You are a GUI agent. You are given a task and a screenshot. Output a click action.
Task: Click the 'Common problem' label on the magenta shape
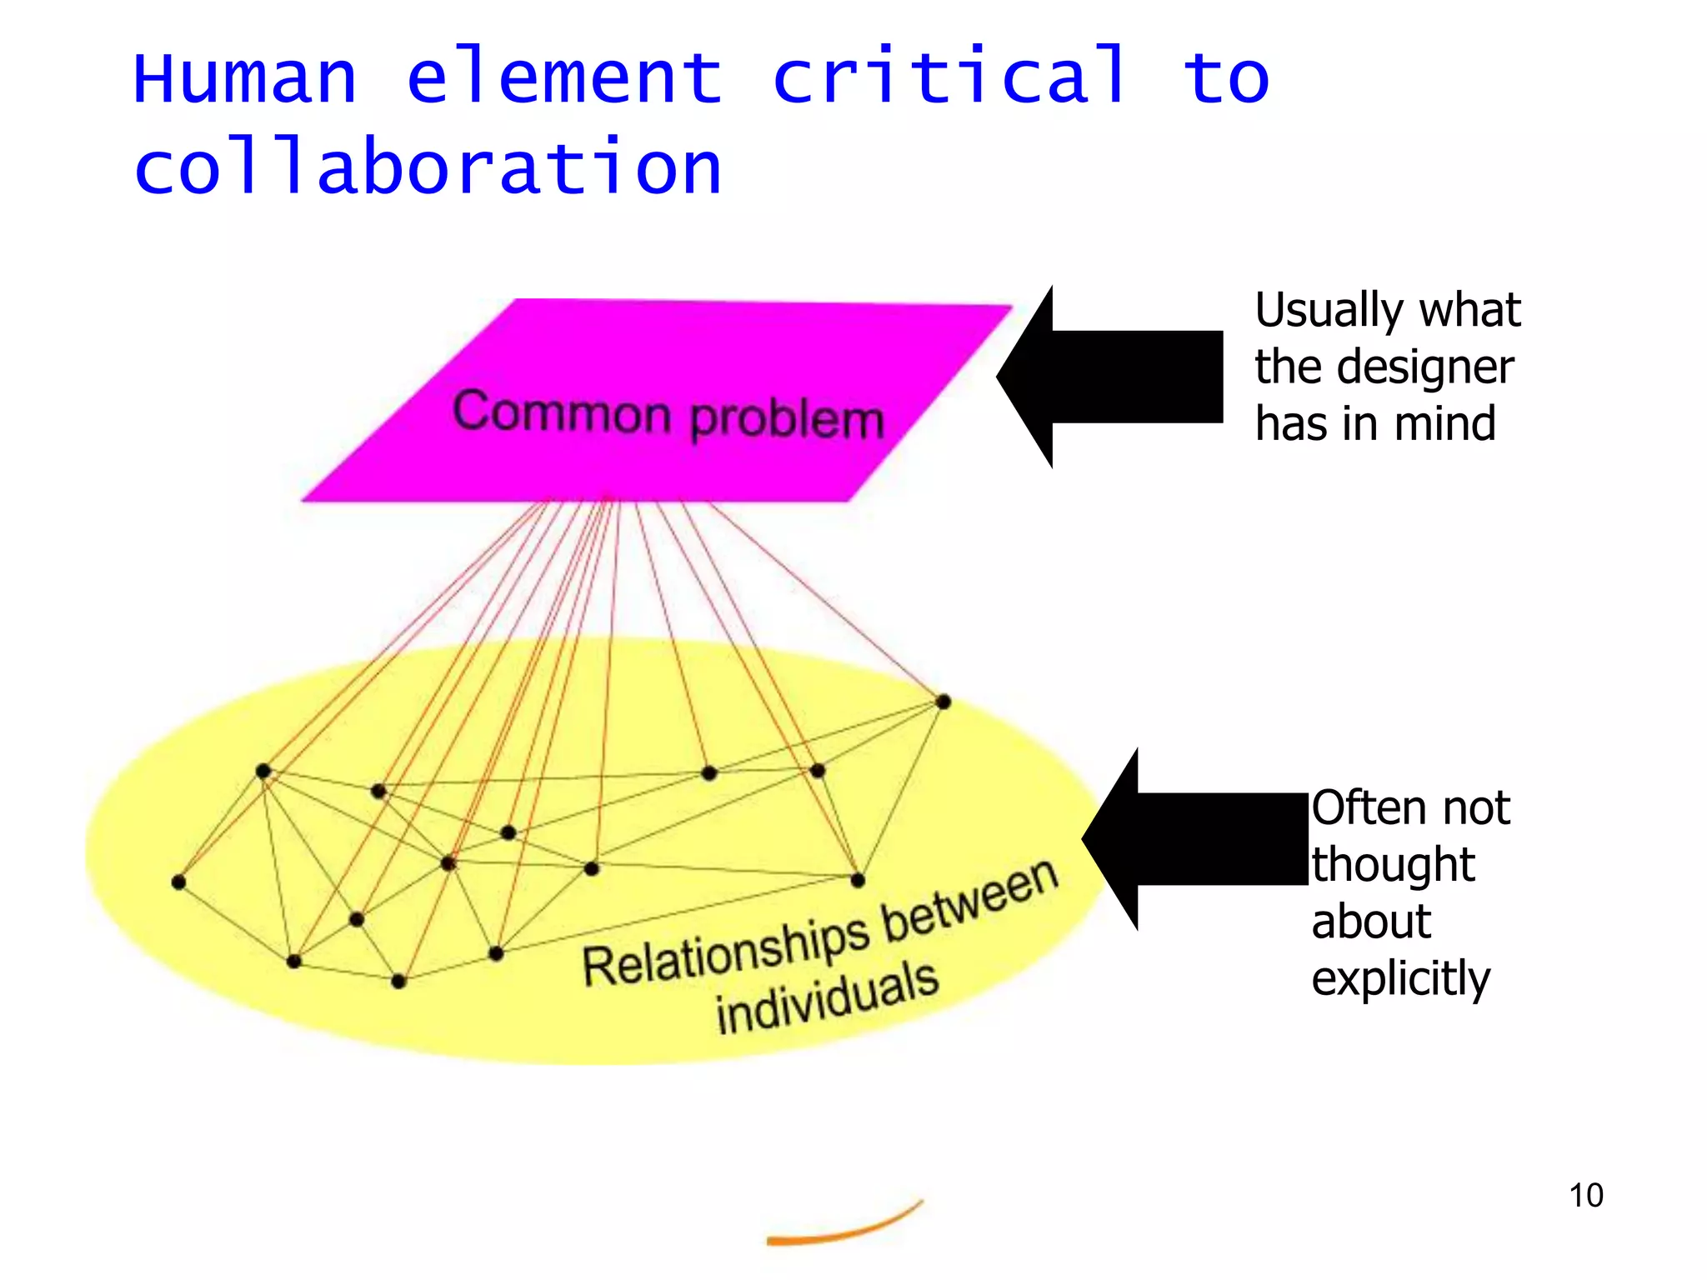(668, 414)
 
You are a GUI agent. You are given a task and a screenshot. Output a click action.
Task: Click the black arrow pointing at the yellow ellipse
(1196, 838)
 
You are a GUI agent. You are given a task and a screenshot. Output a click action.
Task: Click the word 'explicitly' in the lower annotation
(1400, 978)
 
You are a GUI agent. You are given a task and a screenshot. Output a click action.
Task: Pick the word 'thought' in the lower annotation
(1393, 865)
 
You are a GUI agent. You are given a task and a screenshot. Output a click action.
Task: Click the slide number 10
(1585, 1195)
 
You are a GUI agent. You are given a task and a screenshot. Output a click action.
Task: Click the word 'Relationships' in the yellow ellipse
(725, 952)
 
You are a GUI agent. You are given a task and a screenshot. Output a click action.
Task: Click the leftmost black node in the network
(178, 882)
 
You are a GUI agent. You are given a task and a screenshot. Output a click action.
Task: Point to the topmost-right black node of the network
(943, 702)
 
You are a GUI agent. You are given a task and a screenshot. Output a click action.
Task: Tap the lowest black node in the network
(398, 981)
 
